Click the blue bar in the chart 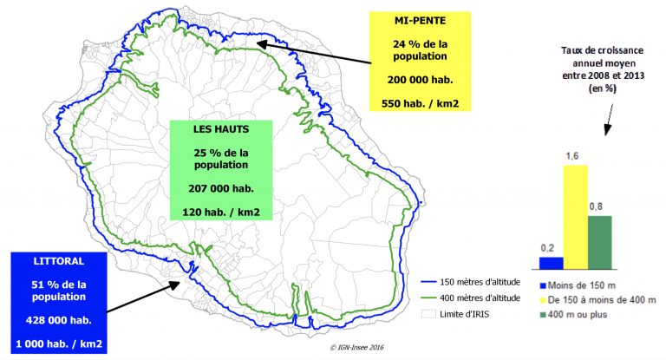point(551,263)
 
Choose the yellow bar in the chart point(575,217)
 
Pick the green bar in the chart point(600,242)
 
